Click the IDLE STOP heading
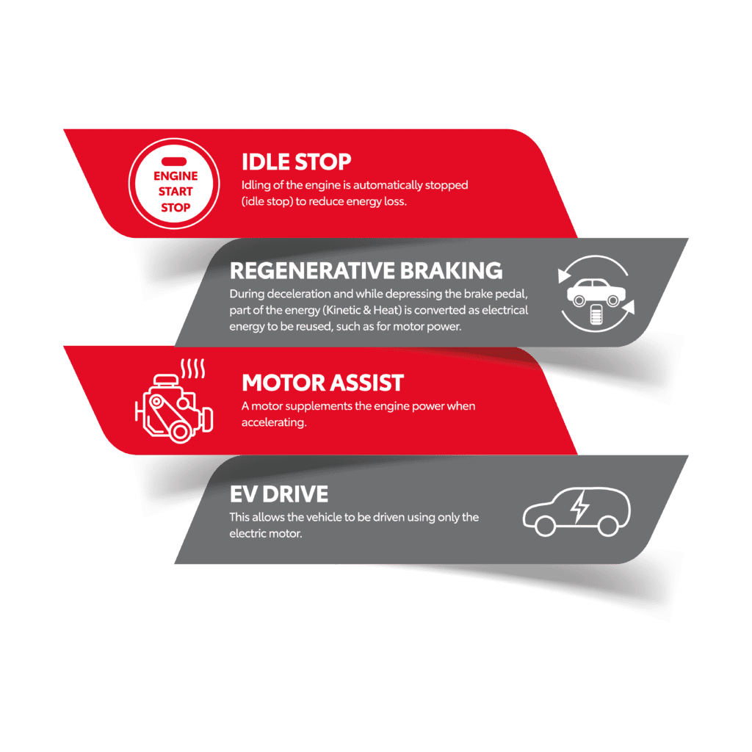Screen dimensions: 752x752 [297, 162]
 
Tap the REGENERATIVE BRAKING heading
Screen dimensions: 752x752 [366, 270]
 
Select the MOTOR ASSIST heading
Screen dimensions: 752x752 [323, 383]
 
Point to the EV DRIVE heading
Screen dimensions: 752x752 [279, 494]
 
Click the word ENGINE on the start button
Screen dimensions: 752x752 [176, 176]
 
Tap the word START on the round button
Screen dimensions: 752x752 [176, 192]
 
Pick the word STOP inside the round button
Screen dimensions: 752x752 [176, 207]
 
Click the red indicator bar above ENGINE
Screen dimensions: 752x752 [174, 162]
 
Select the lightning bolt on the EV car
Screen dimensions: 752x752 [580, 507]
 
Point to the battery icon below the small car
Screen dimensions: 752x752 [596, 314]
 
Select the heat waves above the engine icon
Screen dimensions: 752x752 [193, 369]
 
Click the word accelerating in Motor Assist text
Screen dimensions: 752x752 [274, 422]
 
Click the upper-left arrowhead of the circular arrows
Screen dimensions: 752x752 [563, 275]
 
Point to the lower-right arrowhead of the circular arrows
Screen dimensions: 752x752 [629, 308]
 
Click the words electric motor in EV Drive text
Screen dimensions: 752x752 [266, 533]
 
